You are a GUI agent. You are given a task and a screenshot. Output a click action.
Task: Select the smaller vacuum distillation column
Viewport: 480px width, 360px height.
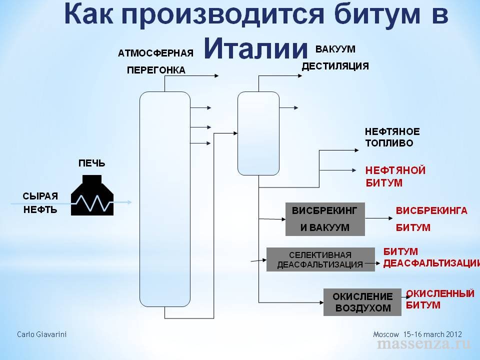click(x=258, y=133)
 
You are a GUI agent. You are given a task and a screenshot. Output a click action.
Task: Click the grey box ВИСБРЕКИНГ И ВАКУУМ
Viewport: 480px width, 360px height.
click(x=325, y=219)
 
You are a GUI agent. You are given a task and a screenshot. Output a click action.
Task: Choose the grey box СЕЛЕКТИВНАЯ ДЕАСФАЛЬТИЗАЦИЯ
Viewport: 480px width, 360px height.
click(x=320, y=259)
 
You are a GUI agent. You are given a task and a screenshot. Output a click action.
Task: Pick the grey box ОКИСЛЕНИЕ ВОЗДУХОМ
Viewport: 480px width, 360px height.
click(x=362, y=302)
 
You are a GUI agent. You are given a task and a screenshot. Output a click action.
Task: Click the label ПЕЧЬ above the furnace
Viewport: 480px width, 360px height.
click(x=91, y=163)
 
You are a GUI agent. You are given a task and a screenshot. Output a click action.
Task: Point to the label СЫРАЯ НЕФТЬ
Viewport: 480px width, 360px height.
click(x=40, y=202)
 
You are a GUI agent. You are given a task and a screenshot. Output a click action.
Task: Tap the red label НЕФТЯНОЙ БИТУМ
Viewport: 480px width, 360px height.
click(x=395, y=176)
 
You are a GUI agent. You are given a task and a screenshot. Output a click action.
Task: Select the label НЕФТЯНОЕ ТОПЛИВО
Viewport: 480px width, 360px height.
click(x=392, y=137)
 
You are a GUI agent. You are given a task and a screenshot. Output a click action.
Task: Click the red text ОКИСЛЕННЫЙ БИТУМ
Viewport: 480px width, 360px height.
click(x=440, y=298)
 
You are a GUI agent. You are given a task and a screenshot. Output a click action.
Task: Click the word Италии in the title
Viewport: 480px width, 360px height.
click(x=255, y=48)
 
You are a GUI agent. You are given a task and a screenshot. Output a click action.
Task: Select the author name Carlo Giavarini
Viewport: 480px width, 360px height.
click(x=42, y=334)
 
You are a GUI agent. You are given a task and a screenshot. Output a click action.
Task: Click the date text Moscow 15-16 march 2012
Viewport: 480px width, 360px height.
click(x=417, y=334)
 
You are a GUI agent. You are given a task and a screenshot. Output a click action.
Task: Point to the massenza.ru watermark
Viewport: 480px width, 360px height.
click(x=423, y=344)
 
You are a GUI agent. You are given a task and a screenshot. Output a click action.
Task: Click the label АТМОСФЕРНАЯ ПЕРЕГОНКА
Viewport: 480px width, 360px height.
click(x=155, y=61)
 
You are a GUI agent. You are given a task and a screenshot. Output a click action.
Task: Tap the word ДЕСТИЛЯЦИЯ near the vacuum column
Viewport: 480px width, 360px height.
click(x=335, y=66)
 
